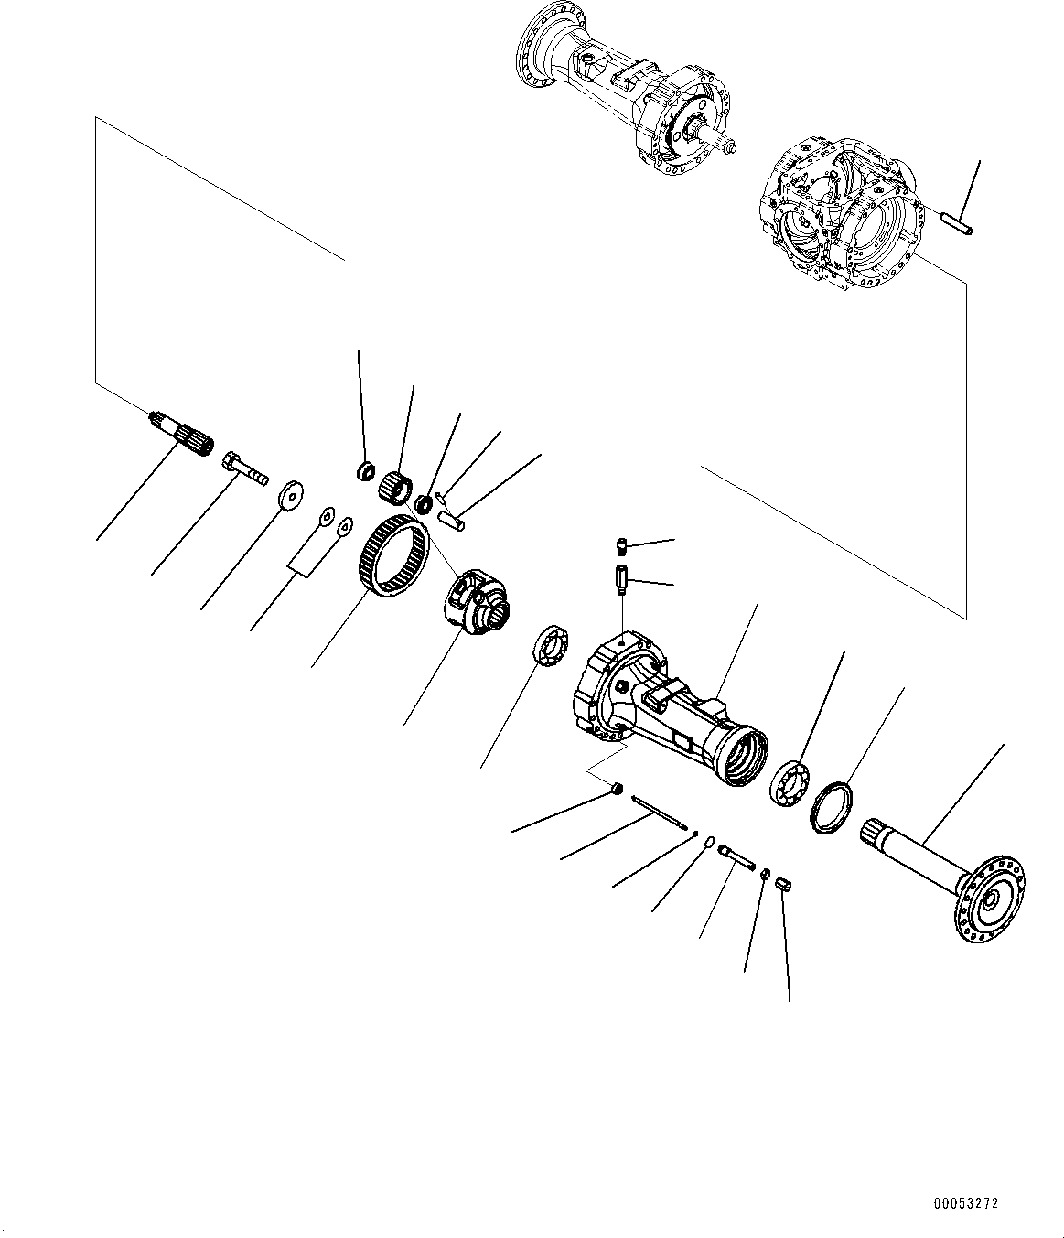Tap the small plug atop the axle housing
point(621,547)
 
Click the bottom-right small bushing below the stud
point(783,883)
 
